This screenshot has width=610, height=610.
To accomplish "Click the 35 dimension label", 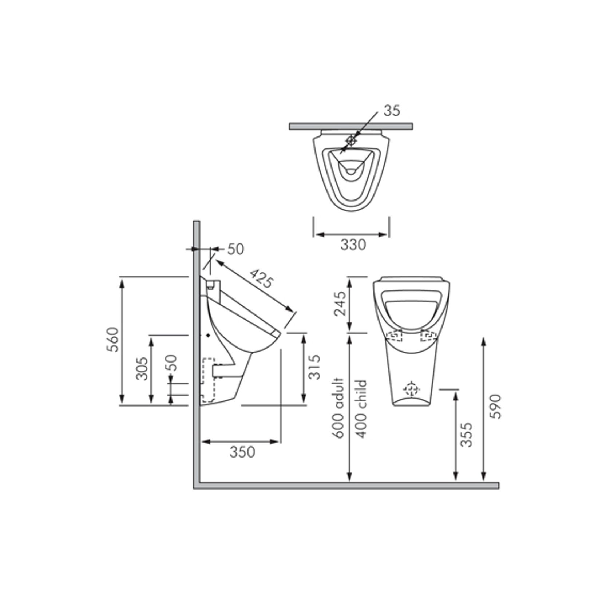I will pos(392,111).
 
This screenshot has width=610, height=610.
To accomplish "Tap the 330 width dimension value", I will pos(353,245).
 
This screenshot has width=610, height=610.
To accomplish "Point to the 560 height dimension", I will pos(114,339).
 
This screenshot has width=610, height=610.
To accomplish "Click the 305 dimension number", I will pos(142,368).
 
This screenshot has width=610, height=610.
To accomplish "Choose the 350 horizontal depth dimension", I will pos(242,452).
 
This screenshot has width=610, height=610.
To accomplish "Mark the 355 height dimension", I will pos(466,435).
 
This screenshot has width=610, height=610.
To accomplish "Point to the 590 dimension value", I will pos(495,406).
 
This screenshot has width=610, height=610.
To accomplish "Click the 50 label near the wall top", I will pos(235,249).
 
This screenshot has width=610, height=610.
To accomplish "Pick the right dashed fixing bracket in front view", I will pos(428,336).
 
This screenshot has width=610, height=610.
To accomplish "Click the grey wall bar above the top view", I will pos(351,126).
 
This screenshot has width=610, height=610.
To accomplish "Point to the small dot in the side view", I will pos(208,335).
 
